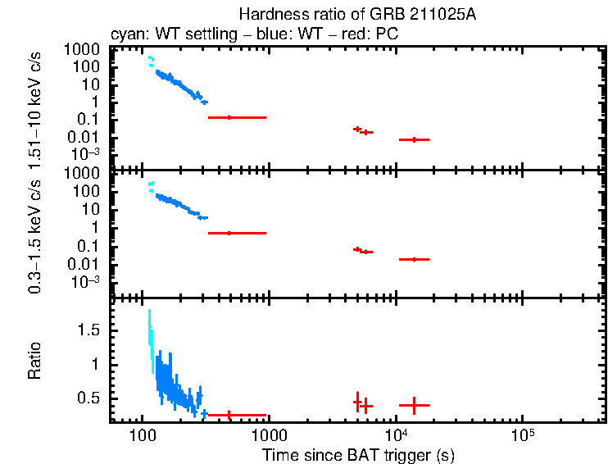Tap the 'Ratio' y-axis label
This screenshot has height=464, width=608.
35,361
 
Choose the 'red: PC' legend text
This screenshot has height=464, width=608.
374,36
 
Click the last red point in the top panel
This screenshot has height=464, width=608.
415,140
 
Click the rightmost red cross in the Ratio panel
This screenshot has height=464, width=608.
415,405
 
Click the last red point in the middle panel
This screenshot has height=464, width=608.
415,259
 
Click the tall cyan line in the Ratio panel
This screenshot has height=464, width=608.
150,332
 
